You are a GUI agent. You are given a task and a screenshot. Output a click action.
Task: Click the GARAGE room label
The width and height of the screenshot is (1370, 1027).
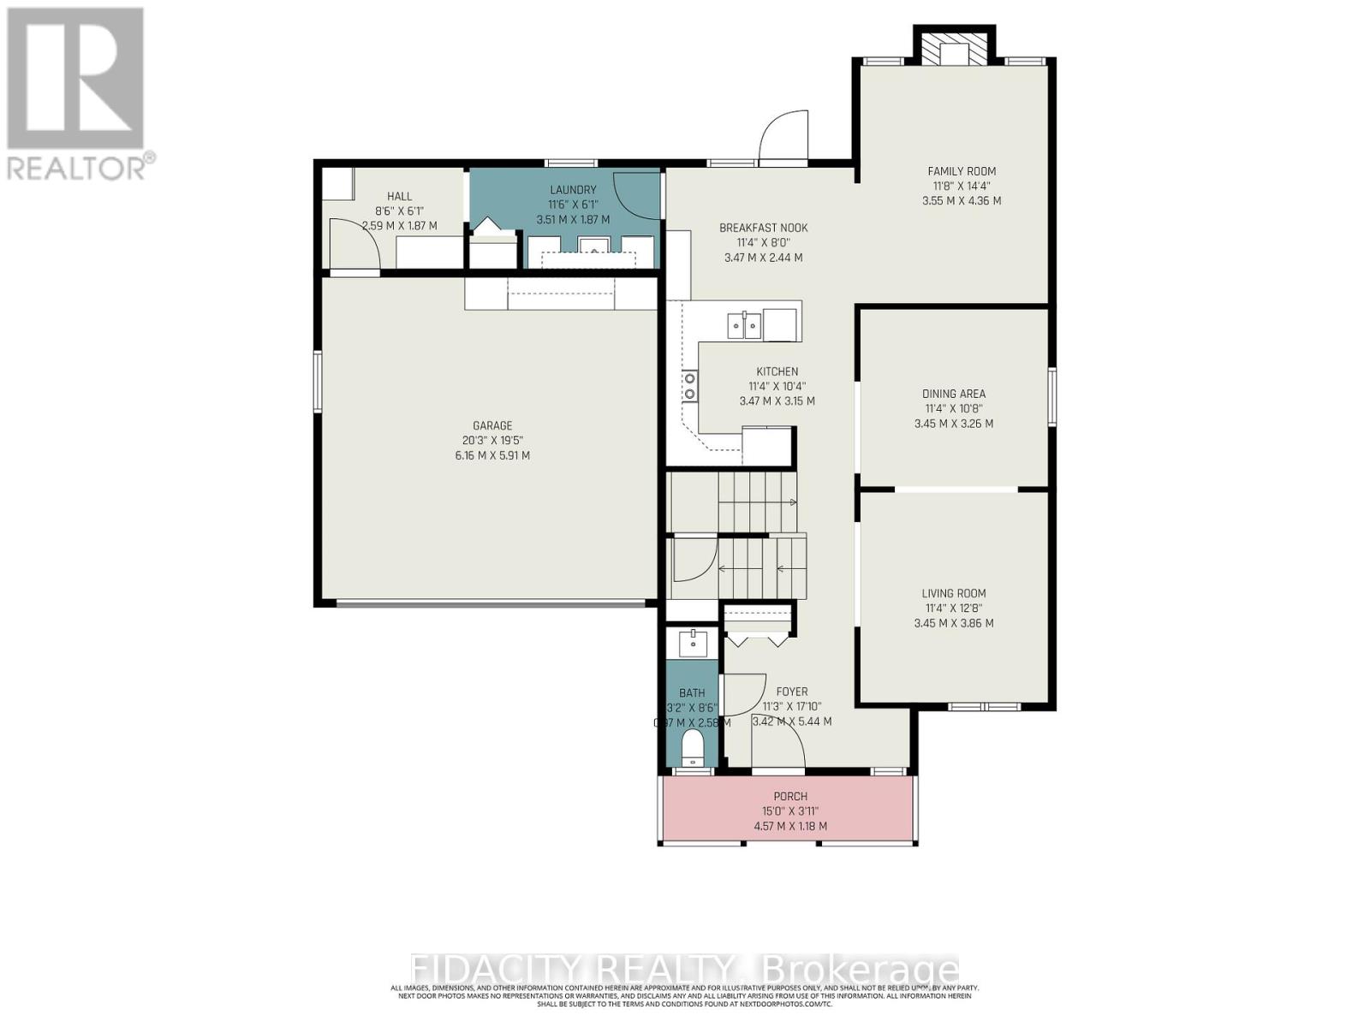click(x=492, y=425)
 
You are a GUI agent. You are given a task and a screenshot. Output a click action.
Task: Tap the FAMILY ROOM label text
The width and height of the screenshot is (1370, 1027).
click(x=962, y=171)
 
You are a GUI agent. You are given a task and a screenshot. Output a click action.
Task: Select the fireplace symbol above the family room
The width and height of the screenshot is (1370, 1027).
click(x=954, y=50)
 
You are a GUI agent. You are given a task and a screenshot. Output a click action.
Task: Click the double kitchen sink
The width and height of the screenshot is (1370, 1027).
click(x=744, y=325)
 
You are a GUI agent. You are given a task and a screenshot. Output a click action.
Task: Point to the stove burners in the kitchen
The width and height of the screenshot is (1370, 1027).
click(x=689, y=386)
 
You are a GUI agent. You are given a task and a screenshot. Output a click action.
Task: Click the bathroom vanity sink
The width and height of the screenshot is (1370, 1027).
click(x=692, y=641)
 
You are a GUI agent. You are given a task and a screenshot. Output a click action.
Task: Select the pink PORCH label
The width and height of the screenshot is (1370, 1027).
click(x=789, y=796)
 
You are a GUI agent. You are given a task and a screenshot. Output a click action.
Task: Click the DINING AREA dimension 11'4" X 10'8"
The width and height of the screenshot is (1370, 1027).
click(x=954, y=409)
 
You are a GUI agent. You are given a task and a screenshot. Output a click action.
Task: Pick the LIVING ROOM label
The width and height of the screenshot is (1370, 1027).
click(x=954, y=593)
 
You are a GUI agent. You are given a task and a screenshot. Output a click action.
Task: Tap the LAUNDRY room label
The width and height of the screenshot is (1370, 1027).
click(x=573, y=190)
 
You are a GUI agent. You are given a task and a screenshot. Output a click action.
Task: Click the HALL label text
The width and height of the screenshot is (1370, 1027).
click(x=399, y=197)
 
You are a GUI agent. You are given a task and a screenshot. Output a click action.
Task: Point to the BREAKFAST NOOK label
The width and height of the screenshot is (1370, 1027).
click(x=763, y=228)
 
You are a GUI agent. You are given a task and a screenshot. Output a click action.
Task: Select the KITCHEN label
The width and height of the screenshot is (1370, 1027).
click(x=777, y=371)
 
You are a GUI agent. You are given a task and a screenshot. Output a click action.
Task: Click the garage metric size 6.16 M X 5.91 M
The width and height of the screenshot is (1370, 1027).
click(x=492, y=455)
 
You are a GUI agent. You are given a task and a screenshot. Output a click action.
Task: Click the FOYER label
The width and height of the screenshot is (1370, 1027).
click(x=791, y=692)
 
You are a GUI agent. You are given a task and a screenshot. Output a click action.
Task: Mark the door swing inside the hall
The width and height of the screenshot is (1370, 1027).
click(x=354, y=243)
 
